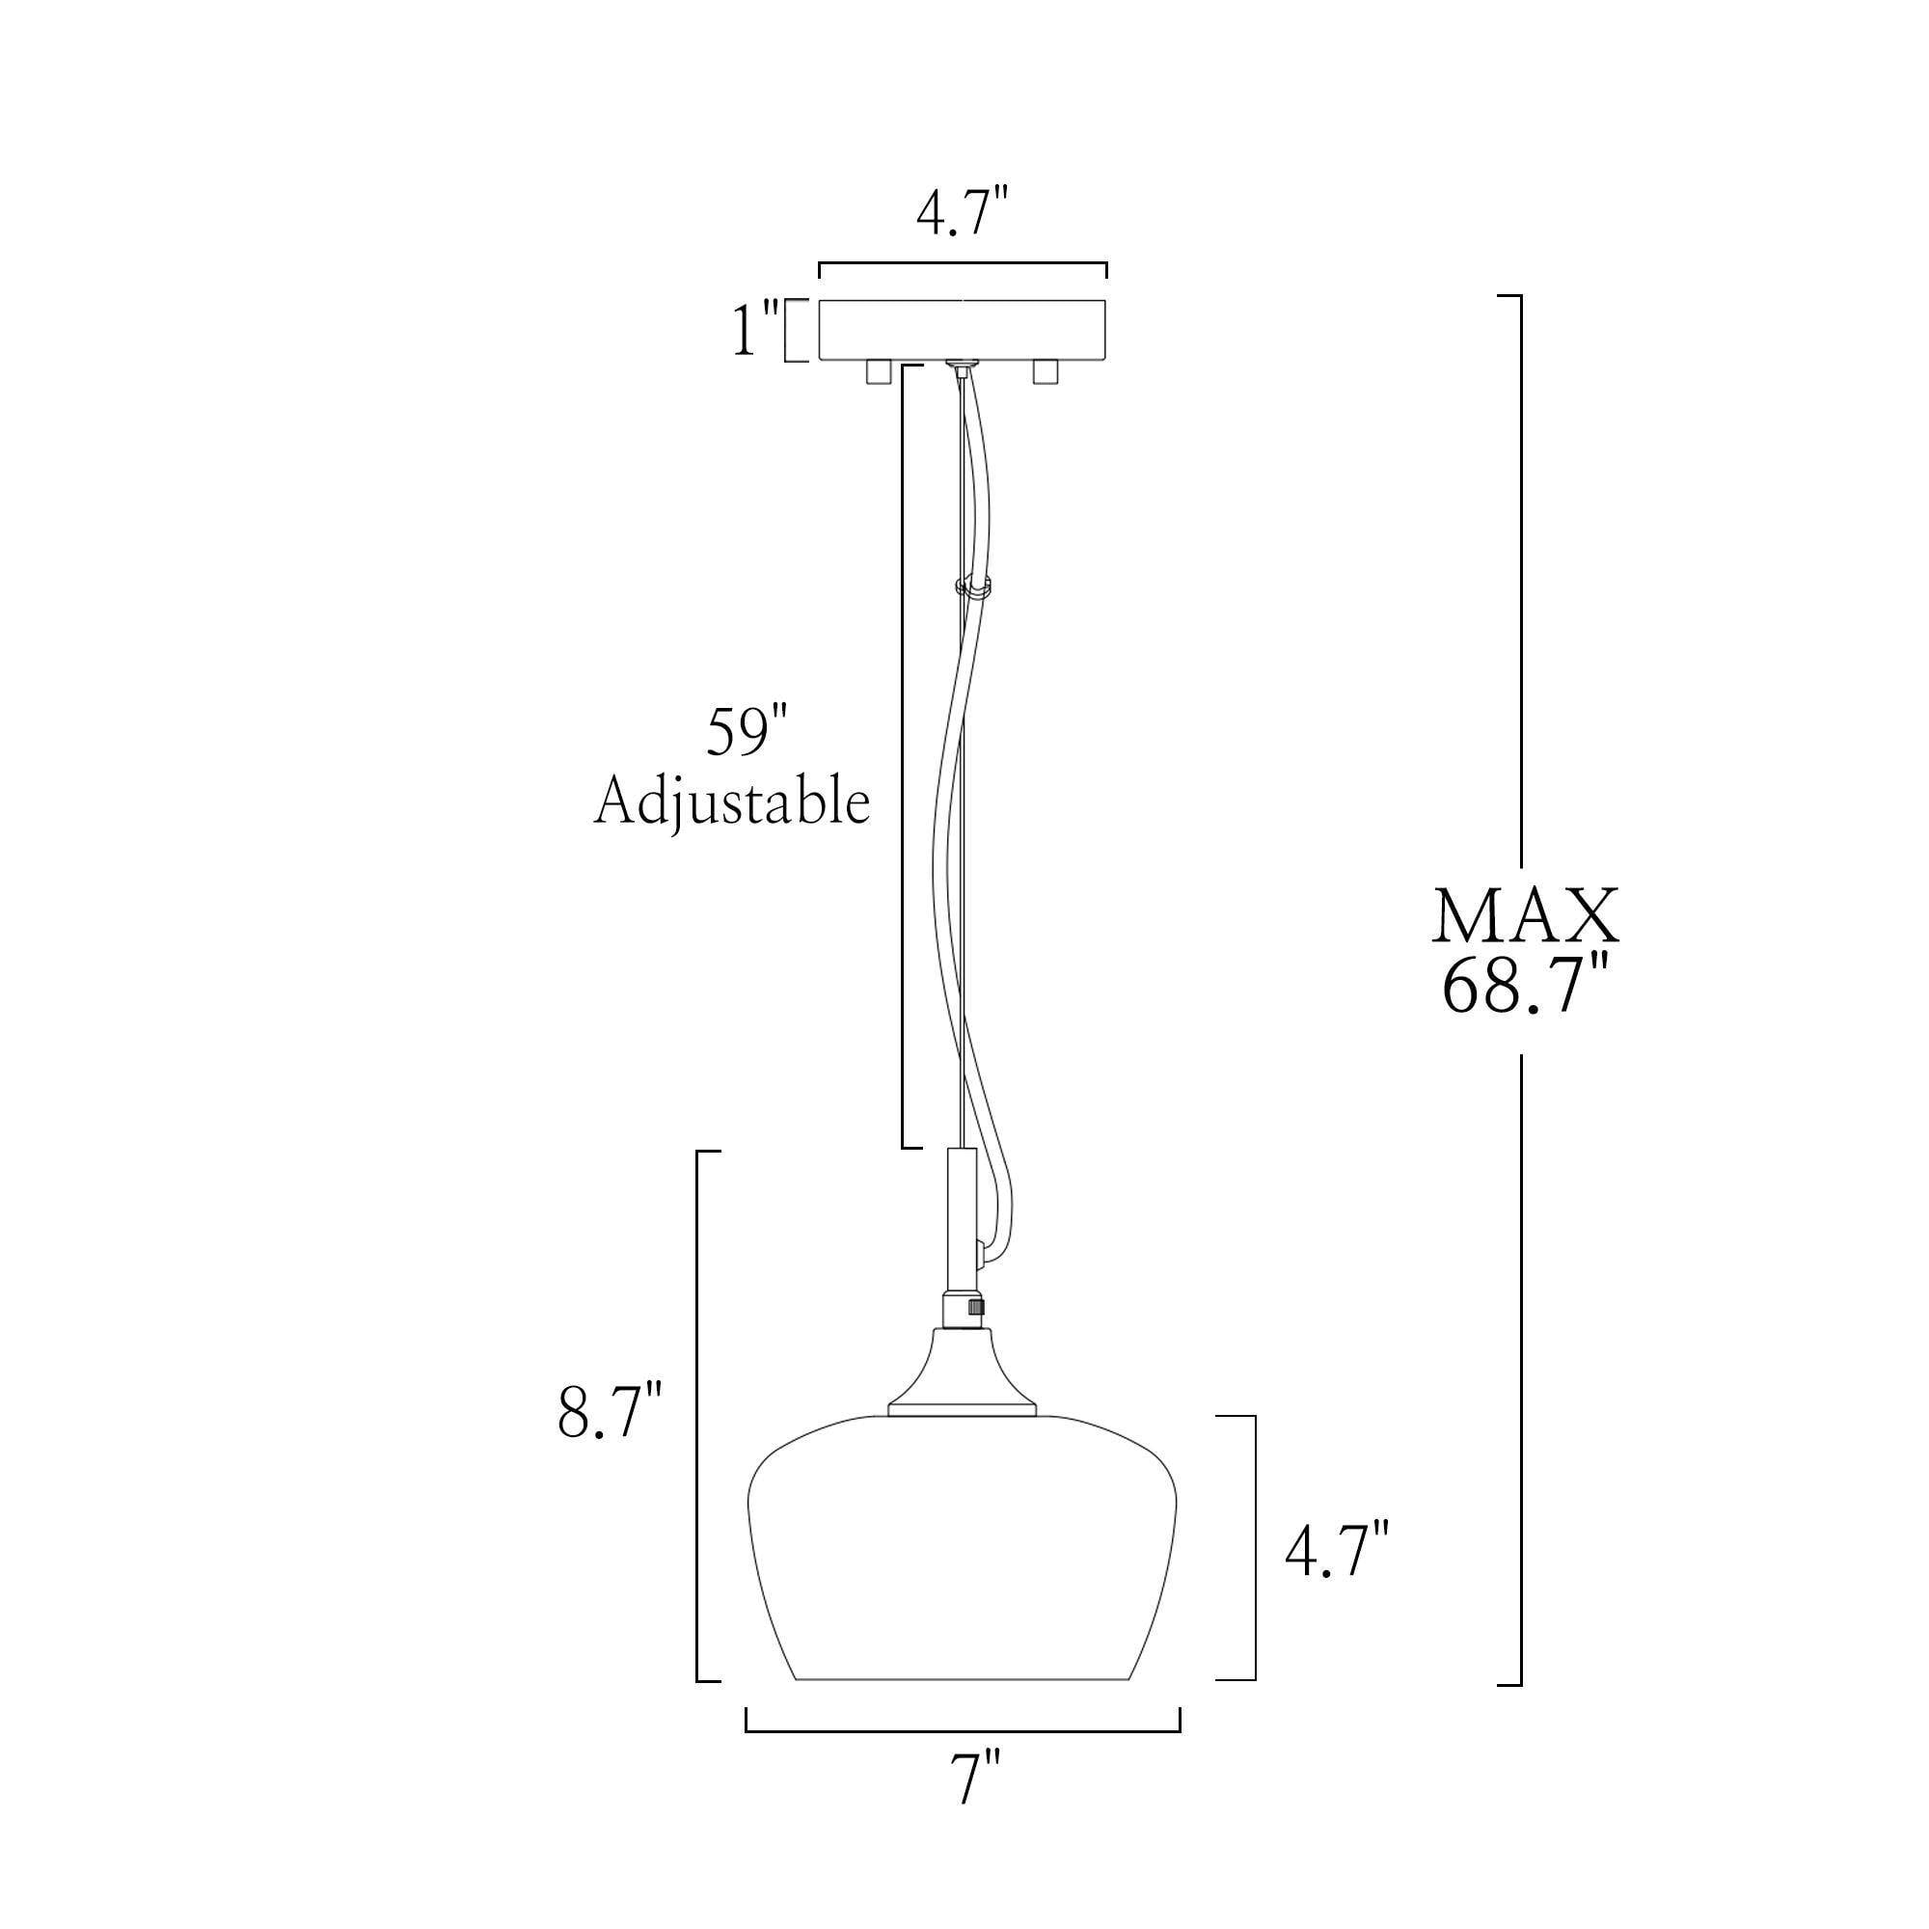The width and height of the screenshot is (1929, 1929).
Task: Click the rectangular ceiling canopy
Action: point(962,330)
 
